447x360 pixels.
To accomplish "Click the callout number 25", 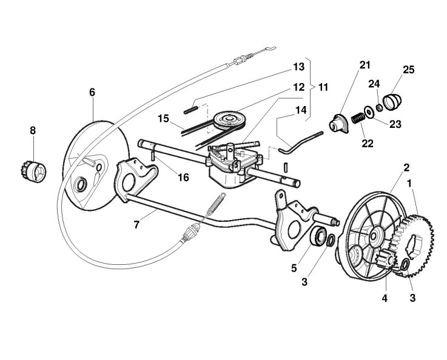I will pyautogui.click(x=408, y=70).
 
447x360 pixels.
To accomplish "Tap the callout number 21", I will pyautogui.click(x=347, y=65).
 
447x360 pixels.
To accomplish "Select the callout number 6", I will pyautogui.click(x=92, y=92).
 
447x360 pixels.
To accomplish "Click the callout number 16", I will pyautogui.click(x=167, y=178).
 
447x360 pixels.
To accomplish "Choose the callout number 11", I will pyautogui.click(x=323, y=87).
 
